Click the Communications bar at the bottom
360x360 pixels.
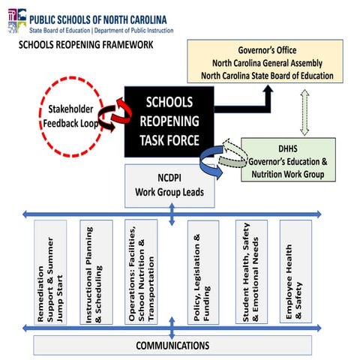[172, 346]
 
